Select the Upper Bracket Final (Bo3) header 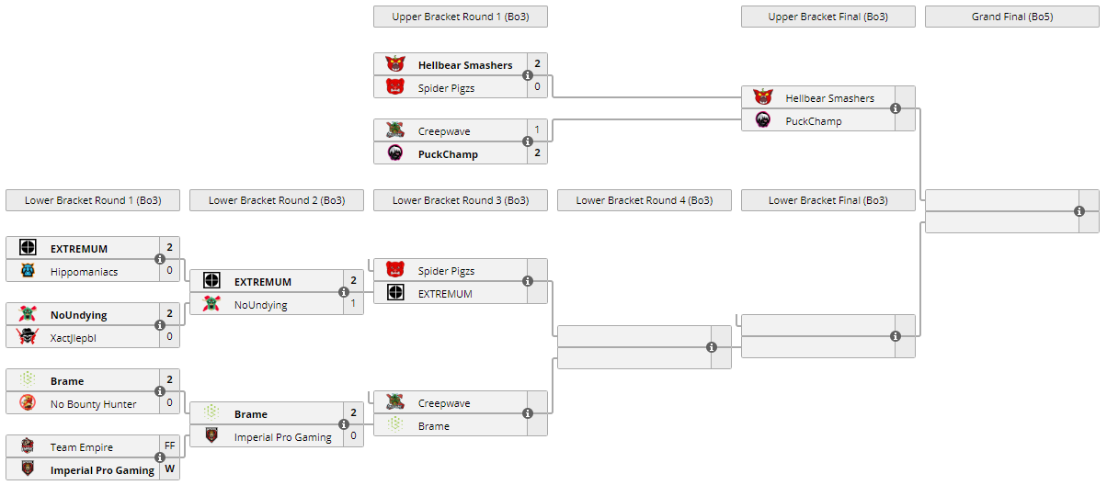827,17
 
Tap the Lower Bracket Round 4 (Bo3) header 644,200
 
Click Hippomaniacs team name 84,272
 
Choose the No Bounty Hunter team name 93,404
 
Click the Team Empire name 82,447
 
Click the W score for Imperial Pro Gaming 170,470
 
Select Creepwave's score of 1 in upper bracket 538,130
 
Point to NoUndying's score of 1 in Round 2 354,304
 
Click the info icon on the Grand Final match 1079,211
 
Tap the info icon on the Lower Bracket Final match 896,336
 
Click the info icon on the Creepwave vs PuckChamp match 528,141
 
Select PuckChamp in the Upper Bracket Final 813,121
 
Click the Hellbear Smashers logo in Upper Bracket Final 763,97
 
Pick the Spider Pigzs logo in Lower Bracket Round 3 395,270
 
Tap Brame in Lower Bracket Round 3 433,426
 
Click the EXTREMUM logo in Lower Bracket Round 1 28,248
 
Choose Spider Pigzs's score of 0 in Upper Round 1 538,87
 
